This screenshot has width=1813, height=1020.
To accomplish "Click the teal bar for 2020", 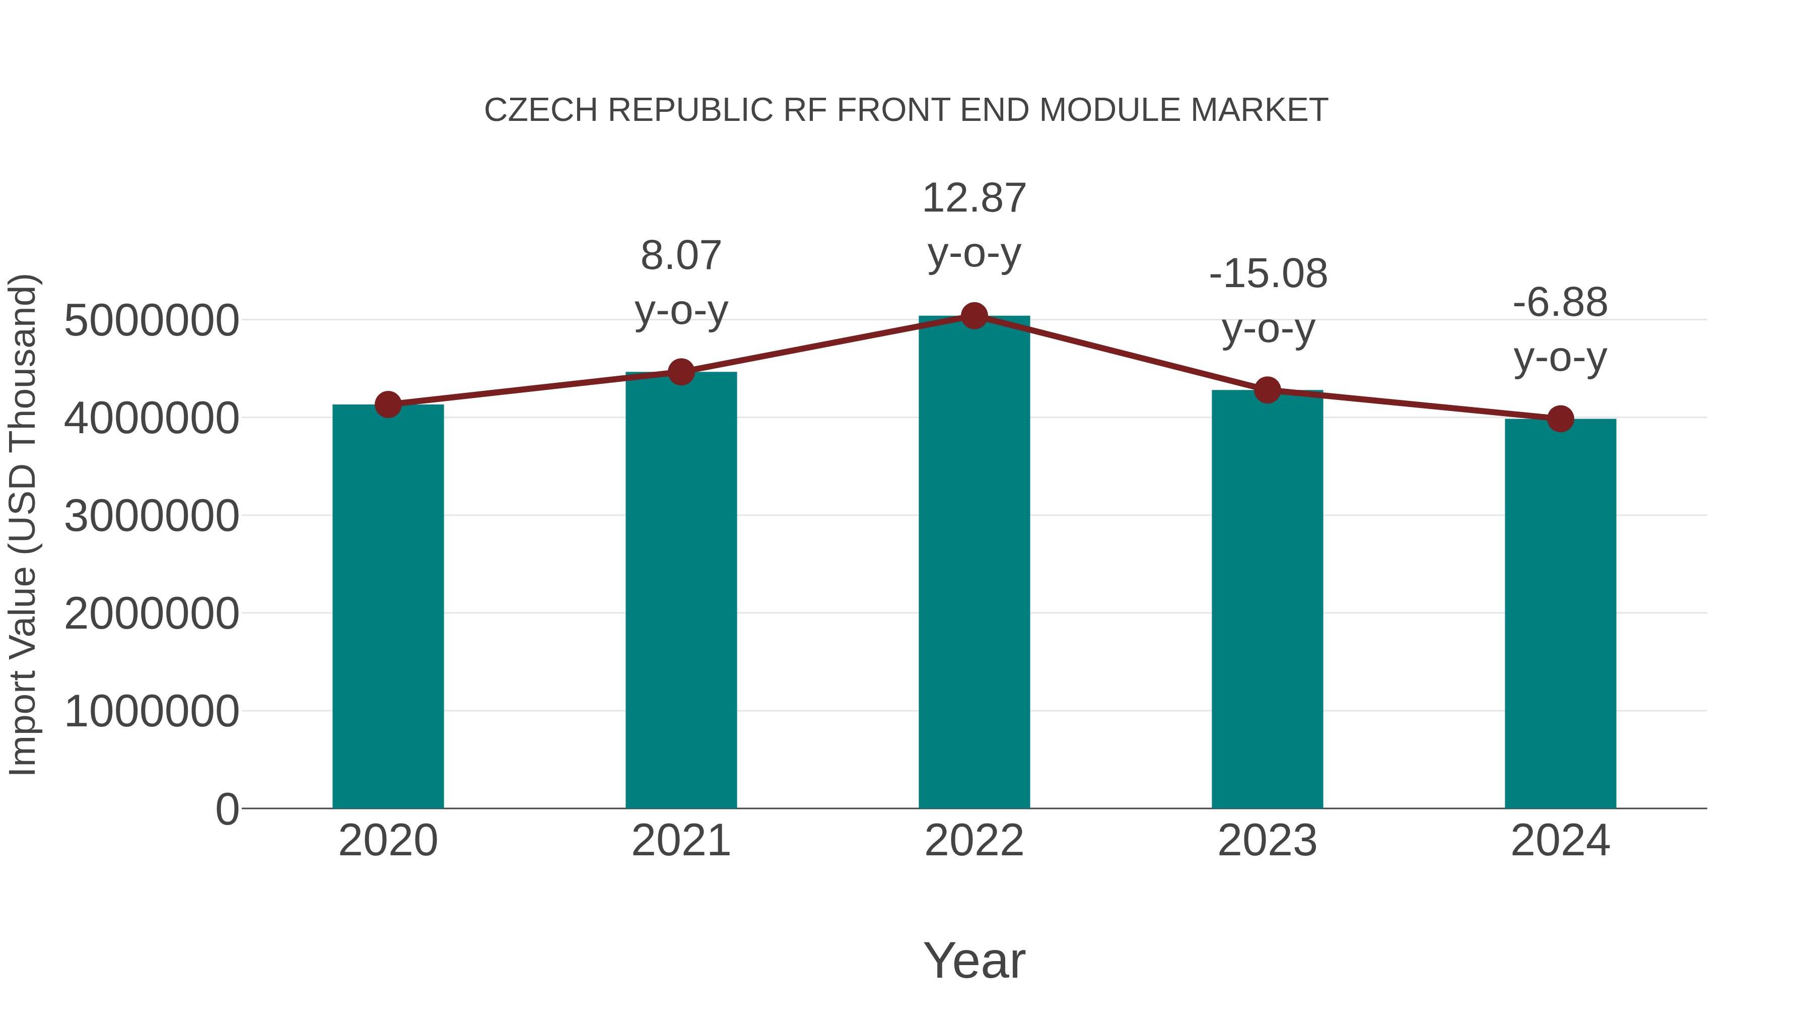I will point(388,605).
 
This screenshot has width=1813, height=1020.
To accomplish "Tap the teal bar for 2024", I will point(1560,613).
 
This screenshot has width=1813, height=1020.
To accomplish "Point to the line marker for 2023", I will point(1268,389).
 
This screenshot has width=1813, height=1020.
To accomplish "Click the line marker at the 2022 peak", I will point(974,316).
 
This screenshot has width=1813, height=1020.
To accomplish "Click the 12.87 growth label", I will point(974,198).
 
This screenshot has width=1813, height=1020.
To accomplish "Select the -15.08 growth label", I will point(1268,274).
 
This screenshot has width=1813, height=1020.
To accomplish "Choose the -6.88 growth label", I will point(1560,303).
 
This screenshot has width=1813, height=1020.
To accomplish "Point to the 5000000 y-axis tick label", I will point(151,321).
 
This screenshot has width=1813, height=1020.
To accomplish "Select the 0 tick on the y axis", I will point(227,809).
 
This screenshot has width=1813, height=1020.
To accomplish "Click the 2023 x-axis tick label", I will point(1268,841).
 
